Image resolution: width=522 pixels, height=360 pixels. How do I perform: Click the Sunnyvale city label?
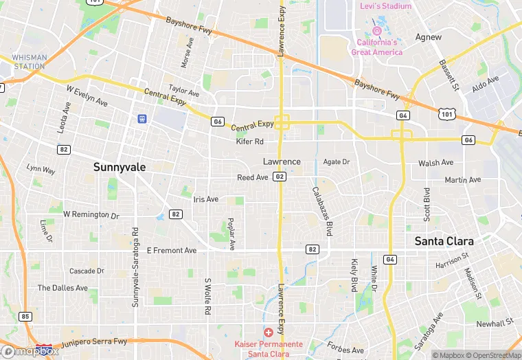point(115,167)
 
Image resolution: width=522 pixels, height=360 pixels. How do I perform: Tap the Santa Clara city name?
point(444,241)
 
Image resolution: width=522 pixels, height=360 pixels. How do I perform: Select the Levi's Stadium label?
point(385,6)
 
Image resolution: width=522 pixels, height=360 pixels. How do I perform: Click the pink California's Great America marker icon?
point(376,31)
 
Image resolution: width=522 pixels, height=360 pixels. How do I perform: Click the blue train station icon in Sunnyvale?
point(142,118)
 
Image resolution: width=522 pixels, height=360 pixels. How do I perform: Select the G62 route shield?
point(279,177)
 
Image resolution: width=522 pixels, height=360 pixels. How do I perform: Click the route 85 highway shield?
point(25,317)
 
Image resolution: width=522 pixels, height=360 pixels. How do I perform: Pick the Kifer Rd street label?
point(249,142)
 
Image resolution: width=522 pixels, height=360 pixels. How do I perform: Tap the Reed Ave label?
point(252,177)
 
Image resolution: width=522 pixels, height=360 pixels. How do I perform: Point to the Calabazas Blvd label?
point(321,212)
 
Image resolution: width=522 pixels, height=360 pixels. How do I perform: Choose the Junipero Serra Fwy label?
point(95,341)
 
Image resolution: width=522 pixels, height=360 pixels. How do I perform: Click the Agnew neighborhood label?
point(429,37)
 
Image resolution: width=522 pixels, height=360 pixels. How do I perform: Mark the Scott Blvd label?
point(427,204)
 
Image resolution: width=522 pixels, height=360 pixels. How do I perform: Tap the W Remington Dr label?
point(91,215)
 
